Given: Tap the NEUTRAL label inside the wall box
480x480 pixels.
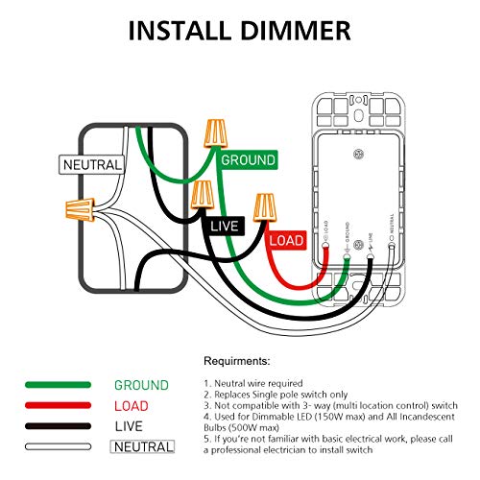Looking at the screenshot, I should point(92,164).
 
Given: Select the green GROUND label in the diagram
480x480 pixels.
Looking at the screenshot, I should point(248,159).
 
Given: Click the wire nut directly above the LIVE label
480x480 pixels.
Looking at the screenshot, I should point(202,198).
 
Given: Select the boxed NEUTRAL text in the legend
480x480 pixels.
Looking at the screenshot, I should point(144,446).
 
